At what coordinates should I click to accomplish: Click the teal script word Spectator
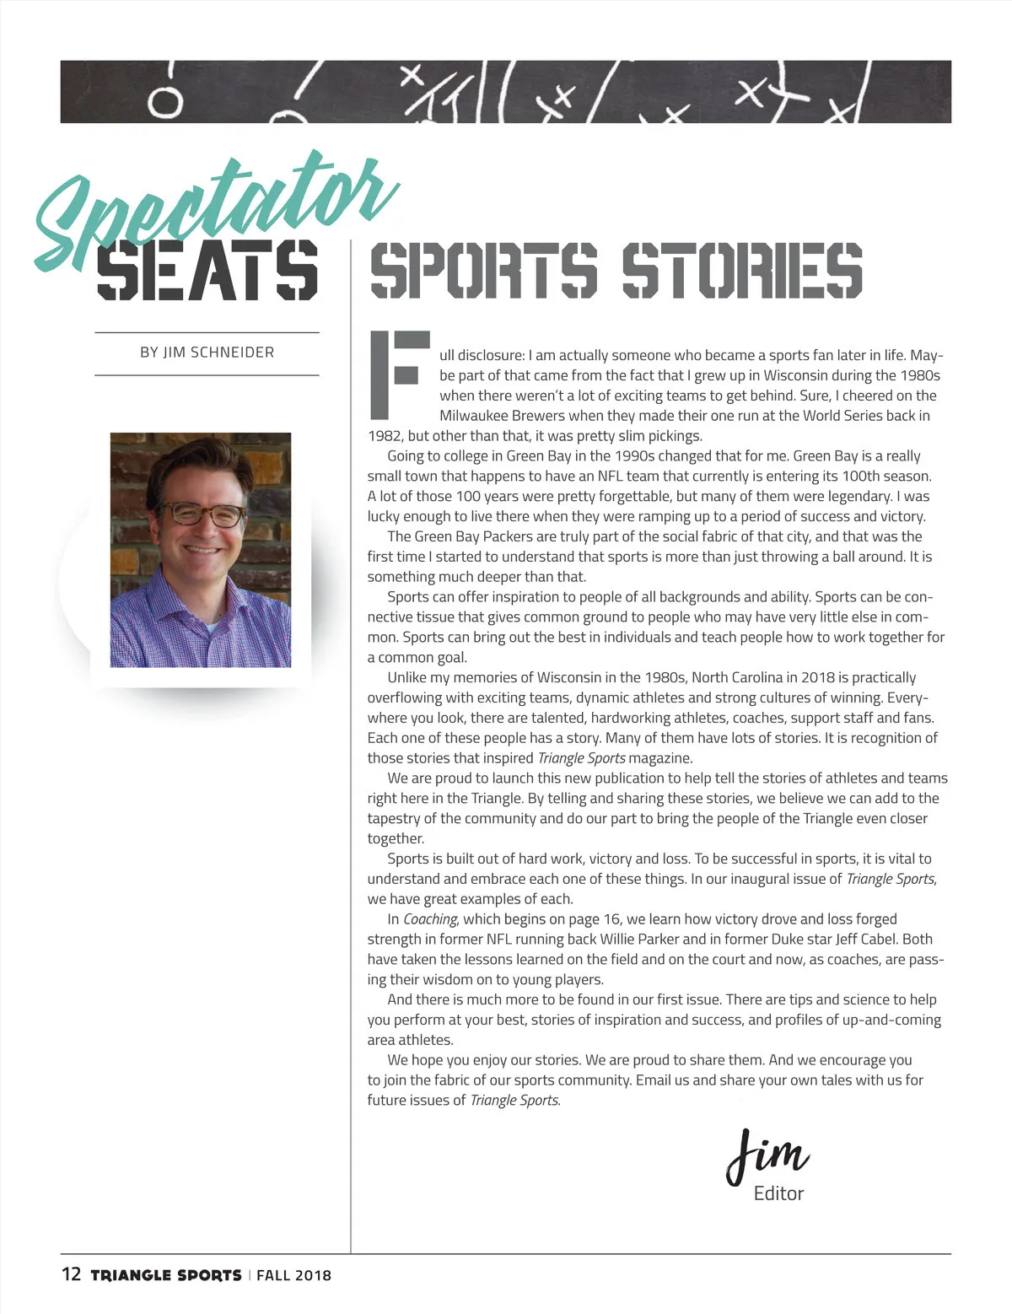coord(215,211)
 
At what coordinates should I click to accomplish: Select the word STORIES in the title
coord(742,271)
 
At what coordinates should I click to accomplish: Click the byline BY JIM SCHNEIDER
coord(207,353)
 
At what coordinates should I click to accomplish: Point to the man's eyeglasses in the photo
coord(202,514)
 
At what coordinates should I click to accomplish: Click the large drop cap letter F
coord(399,375)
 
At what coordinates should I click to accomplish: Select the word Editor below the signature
coord(778,1193)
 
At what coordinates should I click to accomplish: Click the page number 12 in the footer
coord(71,1274)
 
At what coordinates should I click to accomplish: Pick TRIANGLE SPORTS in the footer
coord(166,1275)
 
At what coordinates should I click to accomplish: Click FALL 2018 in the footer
coord(293,1275)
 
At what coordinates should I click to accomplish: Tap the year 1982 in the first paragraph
coord(385,436)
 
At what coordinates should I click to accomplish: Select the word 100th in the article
coord(860,477)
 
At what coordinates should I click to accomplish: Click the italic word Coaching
coord(430,919)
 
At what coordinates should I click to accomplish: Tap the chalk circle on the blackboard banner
coord(166,103)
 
